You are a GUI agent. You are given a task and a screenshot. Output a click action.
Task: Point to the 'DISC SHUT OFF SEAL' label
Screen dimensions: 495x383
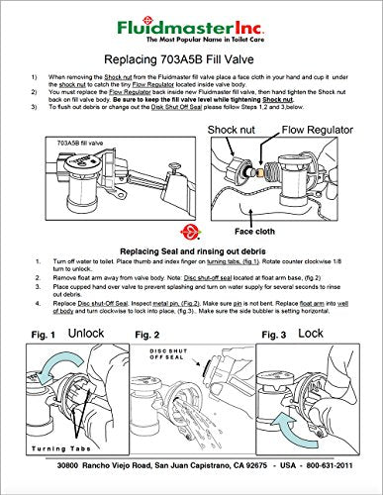coord(170,357)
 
